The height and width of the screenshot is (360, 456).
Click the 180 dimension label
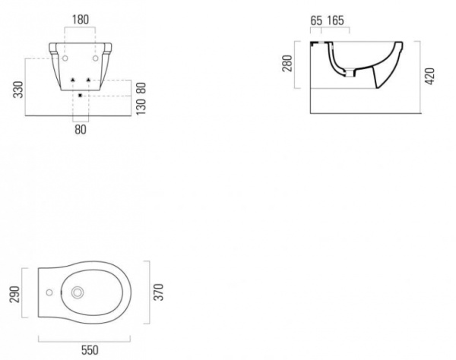81,20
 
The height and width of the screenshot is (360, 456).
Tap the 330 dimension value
18,90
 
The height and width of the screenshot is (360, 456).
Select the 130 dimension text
141,106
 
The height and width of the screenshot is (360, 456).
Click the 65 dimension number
316,21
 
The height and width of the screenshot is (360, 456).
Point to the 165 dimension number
336,21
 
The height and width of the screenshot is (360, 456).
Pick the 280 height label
287,63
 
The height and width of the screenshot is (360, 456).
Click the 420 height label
430,76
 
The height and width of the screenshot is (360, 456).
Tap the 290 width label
14,295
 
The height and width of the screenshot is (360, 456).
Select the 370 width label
159,292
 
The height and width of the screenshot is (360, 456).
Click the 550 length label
90,350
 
